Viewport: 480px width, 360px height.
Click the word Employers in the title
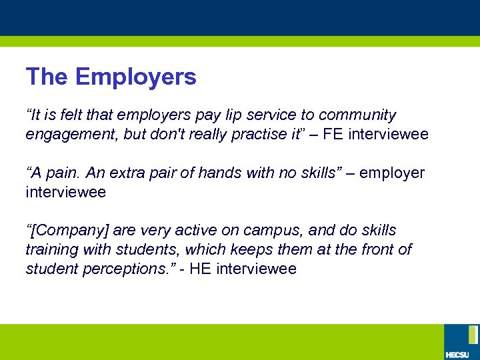pyautogui.click(x=136, y=77)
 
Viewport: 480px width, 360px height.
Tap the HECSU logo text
pyautogui.click(x=457, y=353)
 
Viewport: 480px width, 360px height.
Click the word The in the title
pyautogui.click(x=47, y=77)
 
